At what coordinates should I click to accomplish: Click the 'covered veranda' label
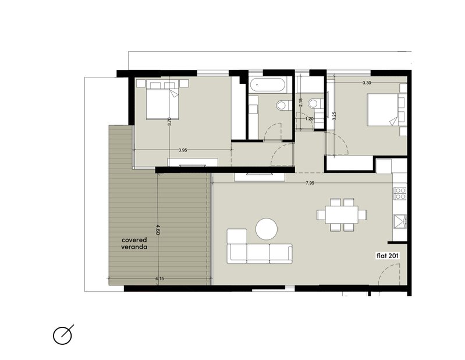coord(134,243)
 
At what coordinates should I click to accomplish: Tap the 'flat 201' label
coord(388,256)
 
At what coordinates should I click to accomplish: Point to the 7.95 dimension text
coord(310,183)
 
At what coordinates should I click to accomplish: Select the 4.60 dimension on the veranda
coord(158,230)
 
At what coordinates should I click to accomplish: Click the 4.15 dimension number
coord(159,278)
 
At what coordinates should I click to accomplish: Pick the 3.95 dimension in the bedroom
coord(183,150)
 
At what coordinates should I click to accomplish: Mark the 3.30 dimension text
coord(367,83)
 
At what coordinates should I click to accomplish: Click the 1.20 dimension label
coord(309,119)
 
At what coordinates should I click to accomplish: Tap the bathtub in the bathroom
coord(267,84)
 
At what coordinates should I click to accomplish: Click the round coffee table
coord(267,229)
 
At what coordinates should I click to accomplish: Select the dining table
coord(342,214)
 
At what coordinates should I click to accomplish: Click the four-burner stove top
coord(400,193)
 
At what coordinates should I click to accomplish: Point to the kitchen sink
coord(400,221)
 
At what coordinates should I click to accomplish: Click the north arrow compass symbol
coord(63,335)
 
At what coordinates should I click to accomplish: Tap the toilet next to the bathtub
coord(283,105)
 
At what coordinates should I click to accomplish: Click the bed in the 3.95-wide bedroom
coord(162,100)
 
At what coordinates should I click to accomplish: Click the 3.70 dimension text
coord(169,122)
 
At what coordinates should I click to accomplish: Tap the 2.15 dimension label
coord(301,103)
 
